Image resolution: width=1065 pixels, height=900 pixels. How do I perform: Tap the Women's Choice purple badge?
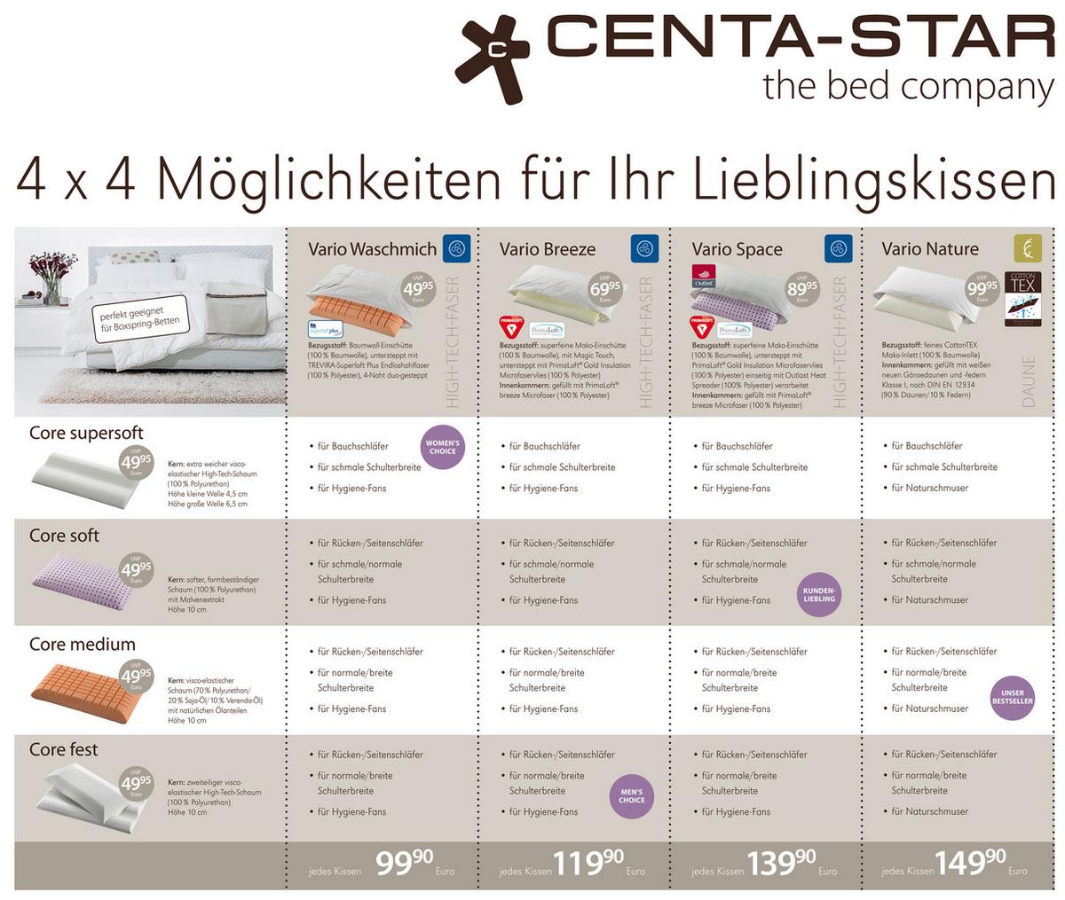[x=442, y=446]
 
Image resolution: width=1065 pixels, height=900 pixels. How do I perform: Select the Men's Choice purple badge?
[x=632, y=795]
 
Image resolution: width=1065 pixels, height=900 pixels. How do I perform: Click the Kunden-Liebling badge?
[x=818, y=594]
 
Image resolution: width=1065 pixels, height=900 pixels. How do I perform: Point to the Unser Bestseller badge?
[x=1012, y=697]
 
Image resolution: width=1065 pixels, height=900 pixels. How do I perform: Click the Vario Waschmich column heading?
[x=372, y=249]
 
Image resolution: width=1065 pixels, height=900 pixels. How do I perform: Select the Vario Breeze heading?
[x=547, y=249]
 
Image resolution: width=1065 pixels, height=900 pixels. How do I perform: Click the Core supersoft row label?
[x=86, y=433]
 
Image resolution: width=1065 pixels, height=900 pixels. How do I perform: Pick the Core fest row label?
[x=64, y=749]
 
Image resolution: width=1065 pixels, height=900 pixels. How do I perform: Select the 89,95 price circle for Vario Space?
[x=801, y=290]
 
